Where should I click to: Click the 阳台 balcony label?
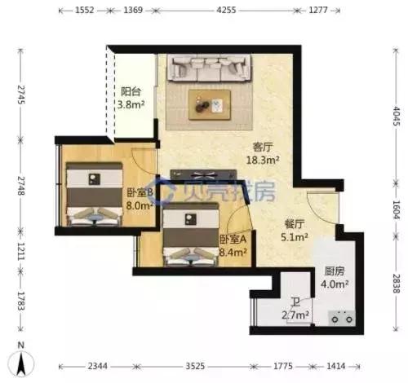[x=131, y=91]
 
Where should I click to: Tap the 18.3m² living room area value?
[x=263, y=160]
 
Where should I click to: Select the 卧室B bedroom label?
[x=140, y=192]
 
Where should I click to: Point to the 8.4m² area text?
[x=233, y=253]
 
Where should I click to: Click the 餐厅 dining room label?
[x=294, y=224]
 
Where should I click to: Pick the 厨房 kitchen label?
[x=335, y=271]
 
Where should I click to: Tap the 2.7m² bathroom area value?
[x=295, y=315]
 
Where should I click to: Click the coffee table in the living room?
[x=210, y=104]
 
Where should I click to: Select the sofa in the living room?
[x=209, y=68]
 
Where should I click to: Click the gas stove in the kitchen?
[x=342, y=318]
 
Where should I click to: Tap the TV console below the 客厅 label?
[x=203, y=174]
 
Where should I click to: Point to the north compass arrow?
[x=21, y=364]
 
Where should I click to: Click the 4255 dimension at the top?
[x=226, y=11]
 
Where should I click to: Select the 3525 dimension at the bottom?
[x=195, y=366]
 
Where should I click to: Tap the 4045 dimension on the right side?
[x=396, y=116]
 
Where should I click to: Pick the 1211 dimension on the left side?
[x=20, y=251]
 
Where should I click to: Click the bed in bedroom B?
[x=95, y=194]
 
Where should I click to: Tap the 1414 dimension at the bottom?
[x=336, y=366]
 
